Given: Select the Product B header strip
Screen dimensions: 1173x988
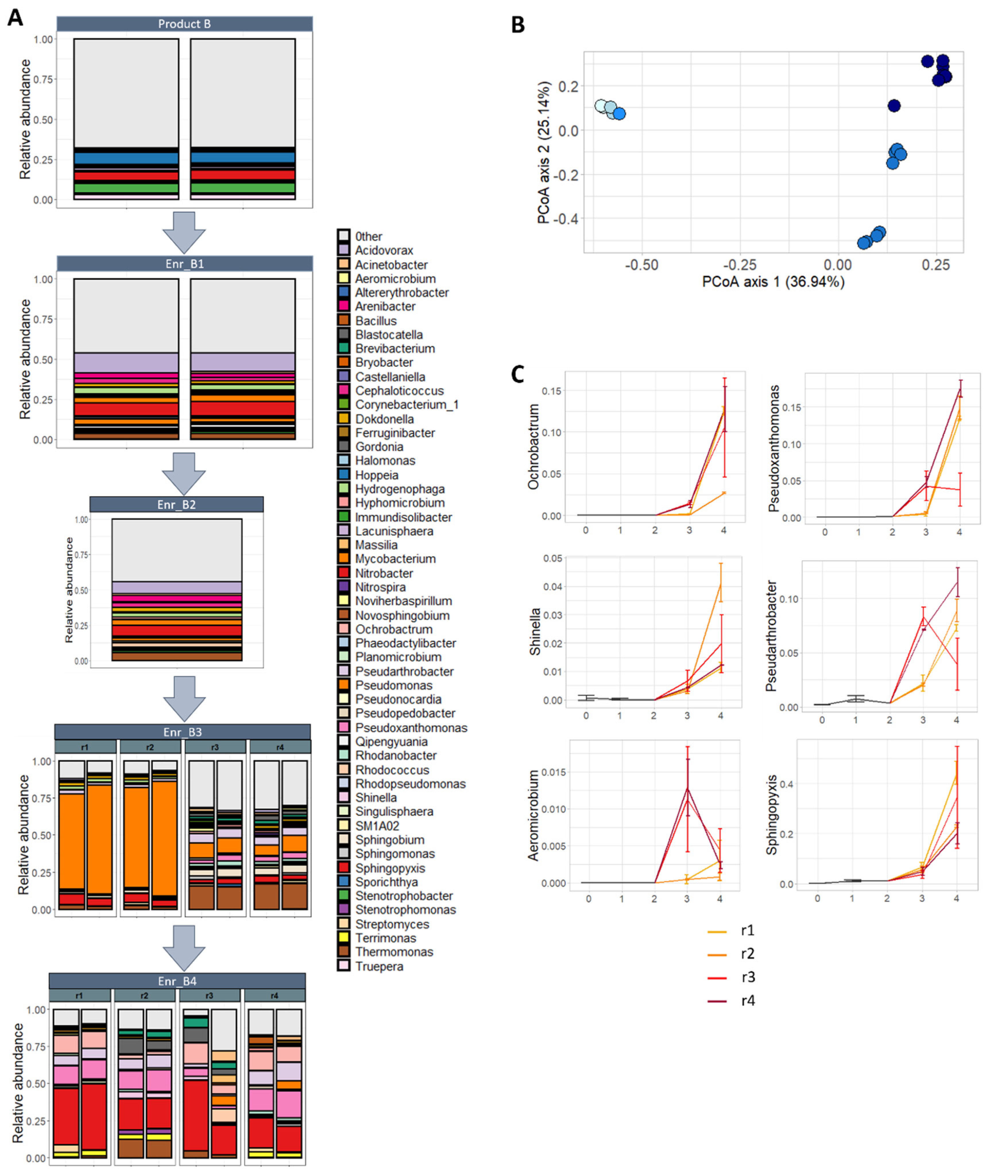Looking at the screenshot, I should pos(184,24).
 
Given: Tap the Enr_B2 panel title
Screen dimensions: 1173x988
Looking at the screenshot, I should pos(176,504).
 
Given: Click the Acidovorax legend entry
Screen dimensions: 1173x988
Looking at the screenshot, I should pos(384,250).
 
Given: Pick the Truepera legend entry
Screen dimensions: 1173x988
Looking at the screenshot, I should pos(379,966).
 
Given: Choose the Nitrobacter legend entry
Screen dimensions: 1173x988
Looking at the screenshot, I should pos(384,573).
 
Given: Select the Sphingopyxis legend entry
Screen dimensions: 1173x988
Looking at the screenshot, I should pos(390,868).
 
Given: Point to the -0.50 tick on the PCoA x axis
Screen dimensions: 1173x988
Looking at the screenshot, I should pos(641,265).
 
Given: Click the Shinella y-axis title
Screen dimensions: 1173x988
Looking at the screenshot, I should pos(535,632).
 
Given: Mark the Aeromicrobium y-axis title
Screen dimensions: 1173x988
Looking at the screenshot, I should pos(533,815).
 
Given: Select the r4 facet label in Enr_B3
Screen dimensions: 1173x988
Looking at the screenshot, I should pos(280,747).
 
